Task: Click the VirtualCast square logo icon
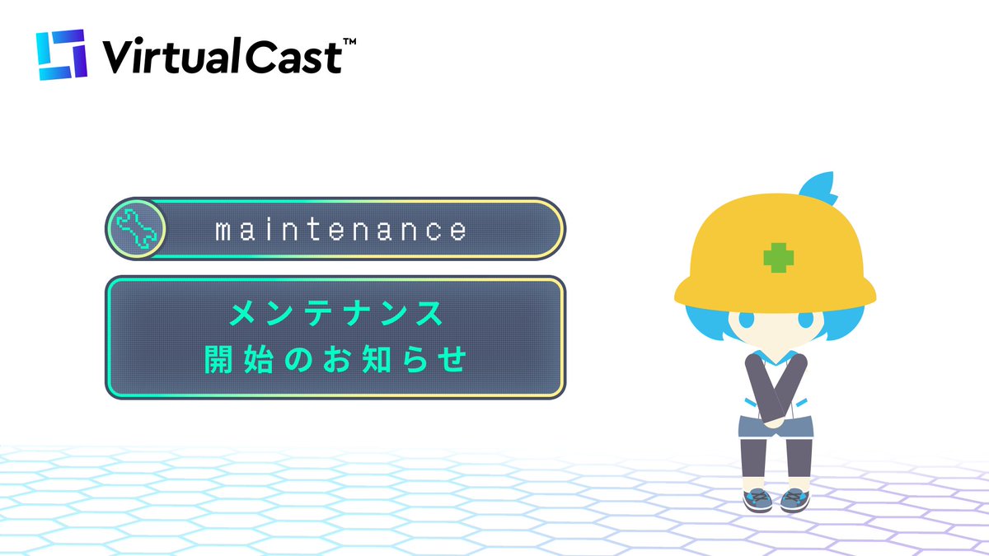pos(61,55)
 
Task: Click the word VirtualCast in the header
pos(221,57)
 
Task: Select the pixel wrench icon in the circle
pos(136,228)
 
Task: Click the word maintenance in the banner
pos(340,230)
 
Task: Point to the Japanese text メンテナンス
pos(335,314)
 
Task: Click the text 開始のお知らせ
pos(335,361)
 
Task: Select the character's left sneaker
pos(756,499)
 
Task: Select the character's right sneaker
pos(793,499)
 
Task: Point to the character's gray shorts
pos(774,428)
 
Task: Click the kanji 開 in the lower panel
pos(218,361)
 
